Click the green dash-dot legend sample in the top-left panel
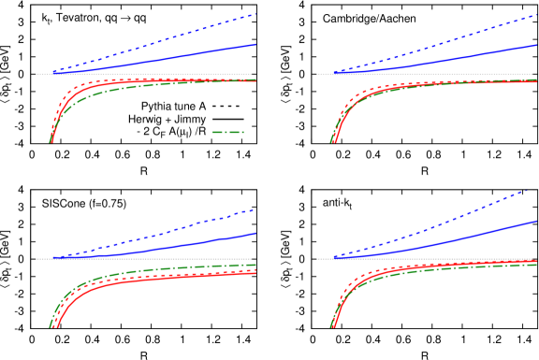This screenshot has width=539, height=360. tap(227, 132)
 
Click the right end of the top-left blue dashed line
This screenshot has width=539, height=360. tap(255, 14)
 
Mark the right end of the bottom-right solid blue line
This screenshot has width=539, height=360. tap(536, 222)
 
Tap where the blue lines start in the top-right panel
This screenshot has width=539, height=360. tap(334, 72)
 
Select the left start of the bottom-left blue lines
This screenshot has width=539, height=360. tap(53, 257)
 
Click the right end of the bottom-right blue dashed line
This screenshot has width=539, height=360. tap(527, 191)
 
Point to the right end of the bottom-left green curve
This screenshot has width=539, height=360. tap(255, 265)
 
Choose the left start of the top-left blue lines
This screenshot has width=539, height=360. tap(53, 72)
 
